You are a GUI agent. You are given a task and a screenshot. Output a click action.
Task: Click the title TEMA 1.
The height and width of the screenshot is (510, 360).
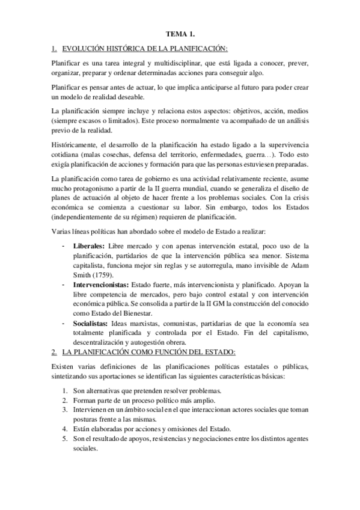tap(179, 35)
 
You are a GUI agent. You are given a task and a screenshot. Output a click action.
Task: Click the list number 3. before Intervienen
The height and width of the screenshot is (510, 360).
tap(66, 410)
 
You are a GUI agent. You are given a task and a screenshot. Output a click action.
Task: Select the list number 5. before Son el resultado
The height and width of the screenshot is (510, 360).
tap(66, 439)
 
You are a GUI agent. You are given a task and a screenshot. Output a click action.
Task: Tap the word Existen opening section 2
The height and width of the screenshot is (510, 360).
tap(64, 366)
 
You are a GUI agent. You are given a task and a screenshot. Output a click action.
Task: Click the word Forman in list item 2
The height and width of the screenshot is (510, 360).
tap(85, 401)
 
